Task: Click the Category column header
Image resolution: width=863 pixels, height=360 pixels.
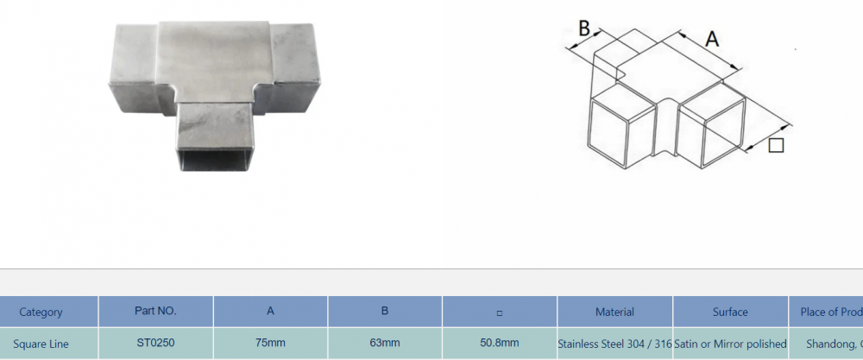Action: [x=41, y=312]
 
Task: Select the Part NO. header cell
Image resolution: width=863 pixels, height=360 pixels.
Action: [x=155, y=311]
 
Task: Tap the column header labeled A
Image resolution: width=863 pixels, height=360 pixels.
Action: [x=270, y=312]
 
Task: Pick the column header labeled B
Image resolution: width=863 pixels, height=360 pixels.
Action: [x=385, y=312]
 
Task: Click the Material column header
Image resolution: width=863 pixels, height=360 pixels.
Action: [x=614, y=312]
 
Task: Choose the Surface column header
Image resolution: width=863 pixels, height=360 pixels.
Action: [x=730, y=312]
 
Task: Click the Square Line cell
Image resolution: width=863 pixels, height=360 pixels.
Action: [x=41, y=344]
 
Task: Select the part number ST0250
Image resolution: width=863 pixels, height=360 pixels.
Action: [x=155, y=343]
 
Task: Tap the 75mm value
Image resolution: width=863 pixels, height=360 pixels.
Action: [x=270, y=344]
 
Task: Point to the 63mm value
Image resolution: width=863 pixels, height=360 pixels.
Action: [x=385, y=344]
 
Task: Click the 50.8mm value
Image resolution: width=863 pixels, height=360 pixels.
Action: [x=500, y=344]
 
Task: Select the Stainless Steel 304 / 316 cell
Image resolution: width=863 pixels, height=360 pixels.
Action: [x=614, y=344]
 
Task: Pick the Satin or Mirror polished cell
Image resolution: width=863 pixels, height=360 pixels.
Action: [x=730, y=344]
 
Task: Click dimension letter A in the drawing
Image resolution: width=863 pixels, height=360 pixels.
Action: [x=712, y=39]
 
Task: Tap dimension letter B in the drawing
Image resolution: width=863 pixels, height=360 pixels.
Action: [x=584, y=28]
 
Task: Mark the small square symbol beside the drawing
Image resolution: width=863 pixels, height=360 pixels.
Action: [x=776, y=146]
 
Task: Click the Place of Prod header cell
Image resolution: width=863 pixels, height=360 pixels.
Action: [x=826, y=312]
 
